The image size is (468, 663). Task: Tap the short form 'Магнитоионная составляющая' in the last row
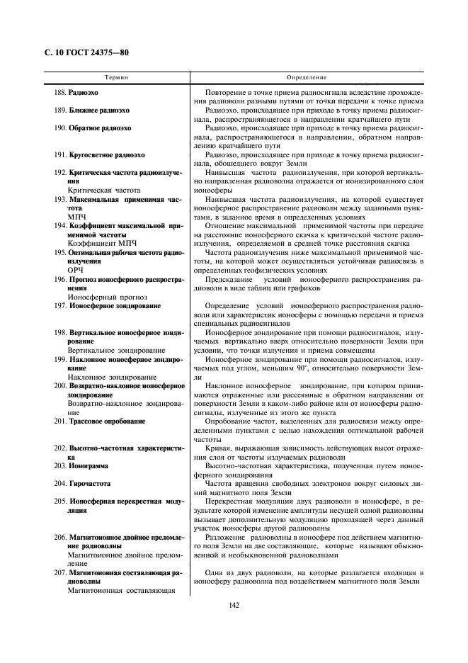point(121,590)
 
